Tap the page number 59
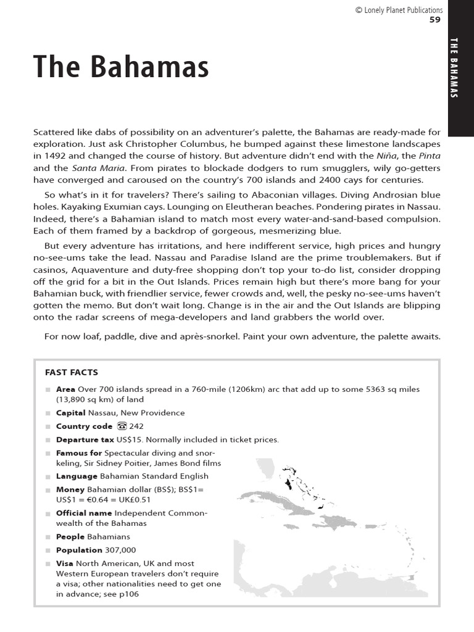pos(436,20)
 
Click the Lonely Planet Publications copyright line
pos(399,10)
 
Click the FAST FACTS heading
pos(72,372)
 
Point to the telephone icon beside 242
pos(121,426)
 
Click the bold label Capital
pos(71,413)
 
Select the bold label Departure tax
pos(85,439)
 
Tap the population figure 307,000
pos(120,550)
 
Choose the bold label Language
pos(77,476)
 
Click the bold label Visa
pos(65,563)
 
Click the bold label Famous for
pos(79,453)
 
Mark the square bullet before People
pos(48,537)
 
